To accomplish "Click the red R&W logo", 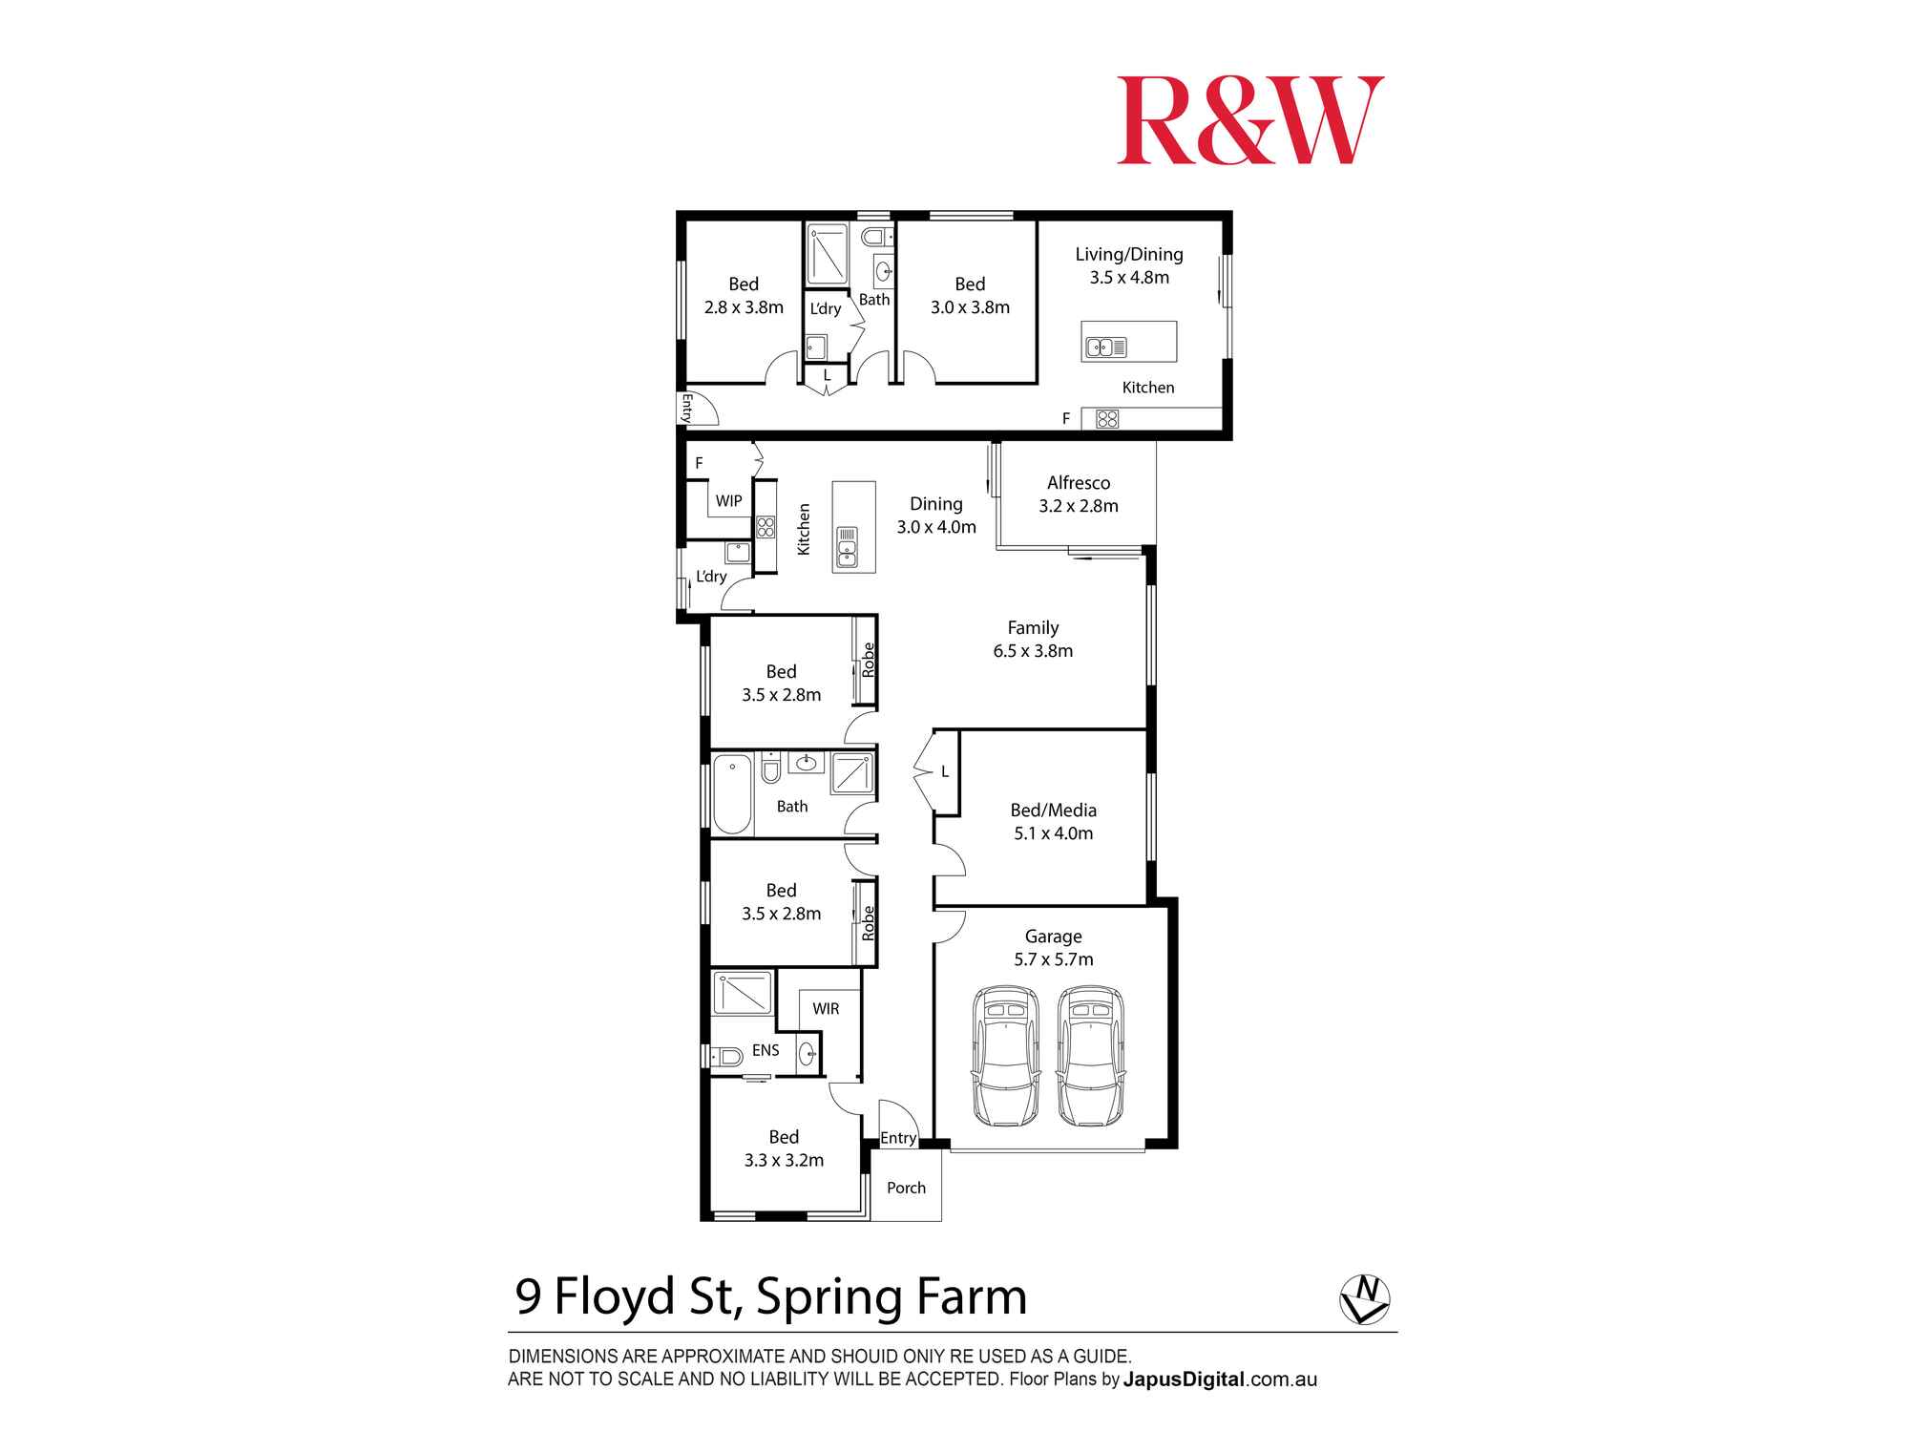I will tap(1249, 120).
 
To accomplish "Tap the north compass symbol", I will tap(1364, 1299).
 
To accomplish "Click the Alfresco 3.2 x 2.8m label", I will tap(1078, 495).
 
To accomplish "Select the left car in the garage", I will tap(1005, 1056).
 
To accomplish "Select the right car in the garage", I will tap(1089, 1056).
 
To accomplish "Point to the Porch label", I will tap(906, 1188).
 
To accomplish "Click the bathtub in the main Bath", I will tap(732, 793).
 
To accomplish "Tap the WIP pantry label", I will tap(728, 501).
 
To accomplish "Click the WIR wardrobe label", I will tap(826, 1009).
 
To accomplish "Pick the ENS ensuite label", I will tap(766, 1050).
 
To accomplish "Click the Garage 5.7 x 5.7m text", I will tap(1053, 948).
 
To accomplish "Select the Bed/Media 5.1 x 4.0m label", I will tap(1053, 821).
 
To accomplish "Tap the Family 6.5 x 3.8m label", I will tap(1033, 639).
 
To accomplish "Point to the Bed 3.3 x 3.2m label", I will tap(784, 1148).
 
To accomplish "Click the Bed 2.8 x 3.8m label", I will tap(744, 295).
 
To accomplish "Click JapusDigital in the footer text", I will tap(1184, 1379).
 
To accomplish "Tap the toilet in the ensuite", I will tap(728, 1056).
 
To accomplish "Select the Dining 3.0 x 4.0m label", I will tap(935, 516).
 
